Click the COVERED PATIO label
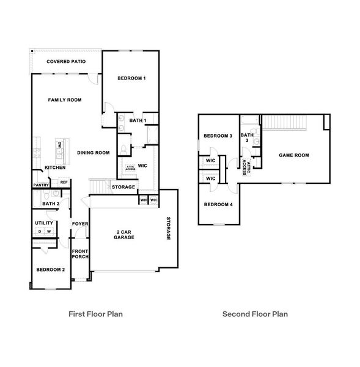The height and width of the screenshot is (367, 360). click(66, 62)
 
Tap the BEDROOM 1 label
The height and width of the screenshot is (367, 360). click(131, 78)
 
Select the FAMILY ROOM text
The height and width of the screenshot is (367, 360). click(65, 100)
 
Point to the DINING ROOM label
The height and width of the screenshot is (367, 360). click(93, 153)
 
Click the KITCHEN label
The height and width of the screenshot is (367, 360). click(55, 168)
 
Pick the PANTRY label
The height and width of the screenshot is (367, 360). click(41, 185)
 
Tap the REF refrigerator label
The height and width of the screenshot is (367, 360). click(64, 182)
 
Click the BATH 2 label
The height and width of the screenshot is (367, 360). click(50, 204)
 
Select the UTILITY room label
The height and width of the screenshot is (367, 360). click(44, 223)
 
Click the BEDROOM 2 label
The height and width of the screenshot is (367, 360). click(50, 270)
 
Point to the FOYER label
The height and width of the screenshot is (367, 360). click(80, 224)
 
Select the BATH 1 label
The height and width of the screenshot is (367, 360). click(138, 120)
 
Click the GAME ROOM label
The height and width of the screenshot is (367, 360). click(294, 155)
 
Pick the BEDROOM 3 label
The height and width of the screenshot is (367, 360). click(218, 136)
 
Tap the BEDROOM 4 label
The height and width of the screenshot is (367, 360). click(218, 204)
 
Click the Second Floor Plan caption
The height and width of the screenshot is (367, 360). click(255, 314)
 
